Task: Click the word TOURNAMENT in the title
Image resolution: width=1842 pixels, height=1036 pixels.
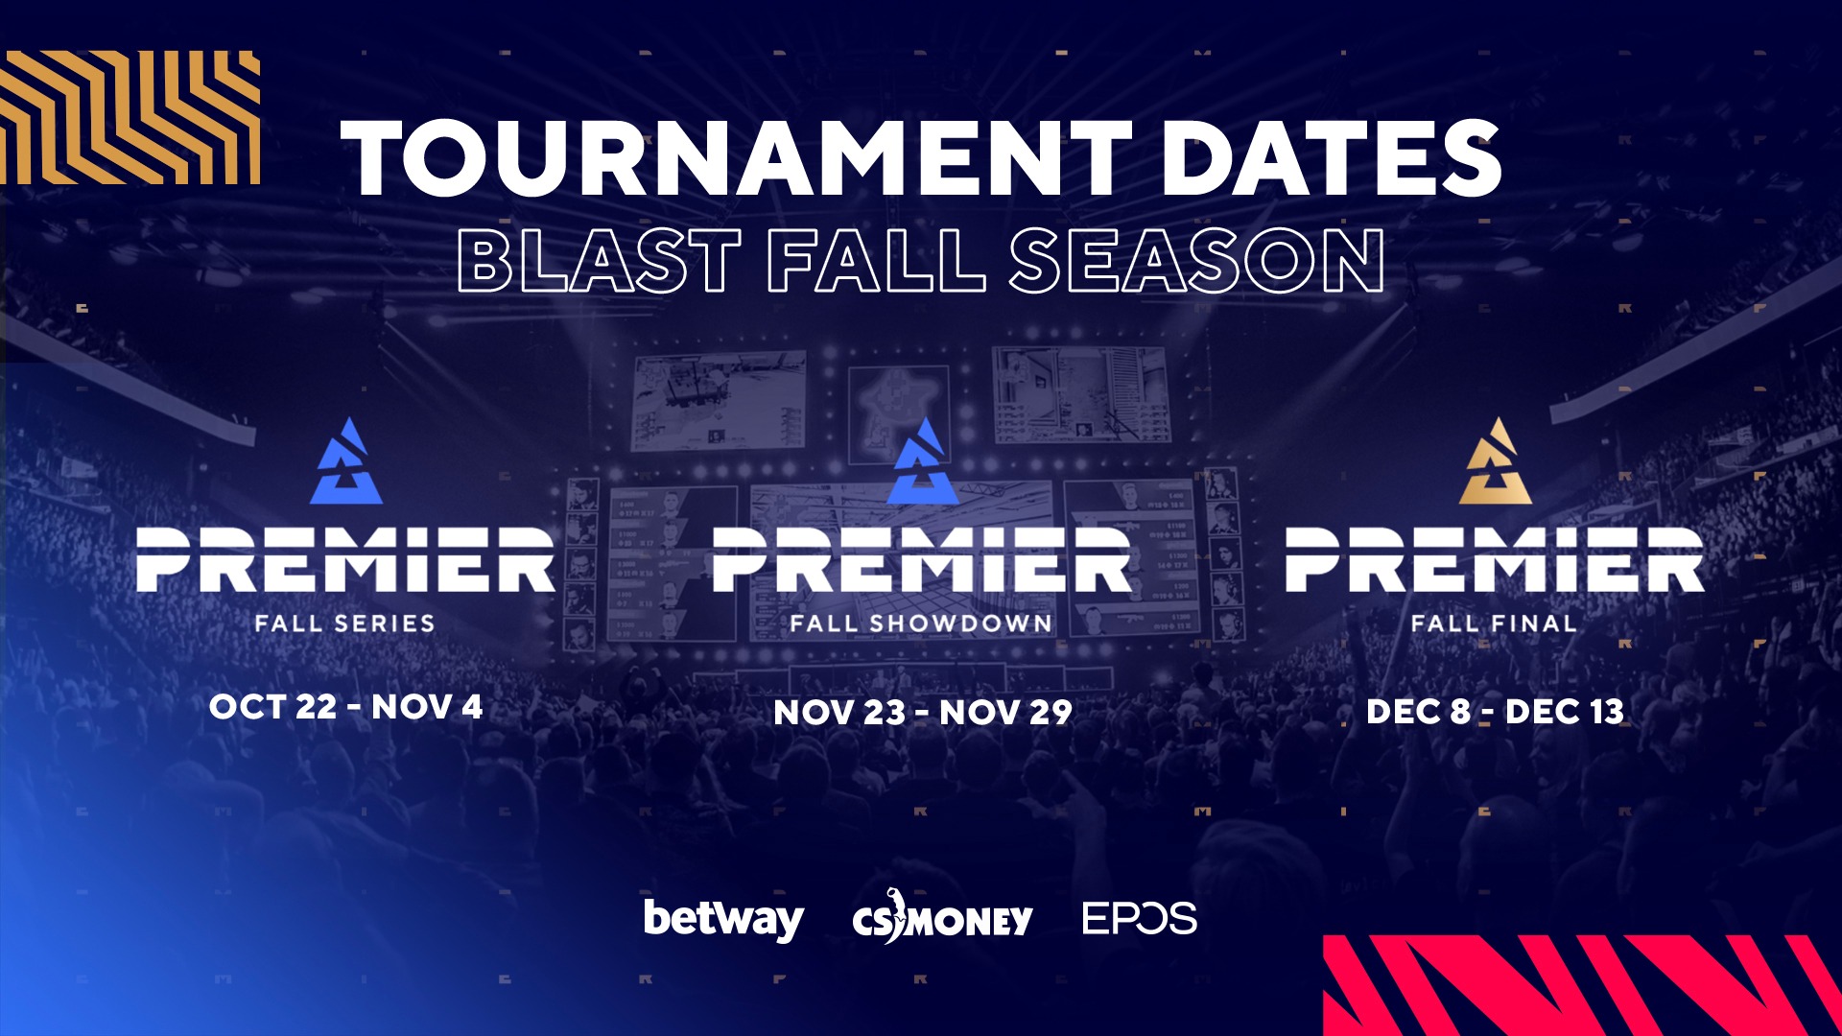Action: point(737,158)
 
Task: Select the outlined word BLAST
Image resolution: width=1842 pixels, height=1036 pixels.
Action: point(600,260)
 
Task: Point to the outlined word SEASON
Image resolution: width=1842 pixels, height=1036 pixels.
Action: point(1196,260)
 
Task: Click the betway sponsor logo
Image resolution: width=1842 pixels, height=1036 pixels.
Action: point(724,920)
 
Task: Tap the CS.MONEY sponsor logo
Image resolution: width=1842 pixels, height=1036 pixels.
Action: point(942,917)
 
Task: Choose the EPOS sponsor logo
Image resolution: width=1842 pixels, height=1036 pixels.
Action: point(1140,918)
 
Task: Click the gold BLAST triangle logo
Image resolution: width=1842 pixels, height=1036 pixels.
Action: point(1496,461)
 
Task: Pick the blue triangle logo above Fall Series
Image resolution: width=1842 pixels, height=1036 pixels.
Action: point(346,461)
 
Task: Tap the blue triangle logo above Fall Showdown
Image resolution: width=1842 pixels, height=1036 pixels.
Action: point(923,461)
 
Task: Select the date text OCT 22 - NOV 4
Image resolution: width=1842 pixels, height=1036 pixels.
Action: point(345,707)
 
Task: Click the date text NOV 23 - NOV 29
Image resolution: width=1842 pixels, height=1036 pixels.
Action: point(923,712)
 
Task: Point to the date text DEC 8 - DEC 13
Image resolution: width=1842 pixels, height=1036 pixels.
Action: point(1495,711)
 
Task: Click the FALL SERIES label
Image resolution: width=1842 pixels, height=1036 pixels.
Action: point(345,624)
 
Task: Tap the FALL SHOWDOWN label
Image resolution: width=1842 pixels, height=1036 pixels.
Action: point(921,624)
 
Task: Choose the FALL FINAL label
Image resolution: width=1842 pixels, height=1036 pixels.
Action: point(1494,624)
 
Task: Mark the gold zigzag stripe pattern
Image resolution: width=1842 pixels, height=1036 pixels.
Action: point(130,117)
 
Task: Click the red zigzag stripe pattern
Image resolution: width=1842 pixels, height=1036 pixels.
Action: point(1583,985)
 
